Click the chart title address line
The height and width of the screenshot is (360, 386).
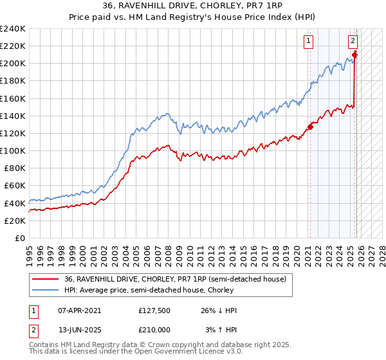click(192, 6)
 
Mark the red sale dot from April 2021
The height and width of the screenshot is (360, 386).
click(310, 127)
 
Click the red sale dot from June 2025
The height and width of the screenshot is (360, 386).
click(354, 55)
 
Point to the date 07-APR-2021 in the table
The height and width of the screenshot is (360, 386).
click(84, 310)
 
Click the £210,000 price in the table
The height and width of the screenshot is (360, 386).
click(154, 329)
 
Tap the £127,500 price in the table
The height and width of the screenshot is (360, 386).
click(154, 310)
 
